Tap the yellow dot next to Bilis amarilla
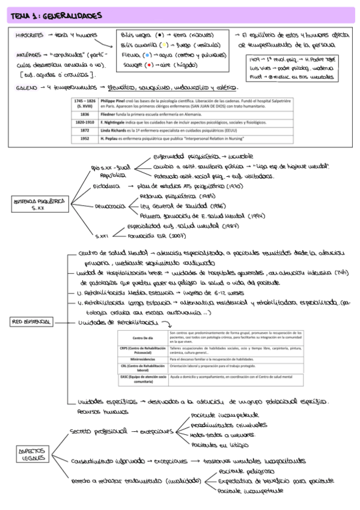click(x=162, y=45)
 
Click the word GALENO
click(x=27, y=87)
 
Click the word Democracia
click(x=109, y=205)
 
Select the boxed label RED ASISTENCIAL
click(x=30, y=322)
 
